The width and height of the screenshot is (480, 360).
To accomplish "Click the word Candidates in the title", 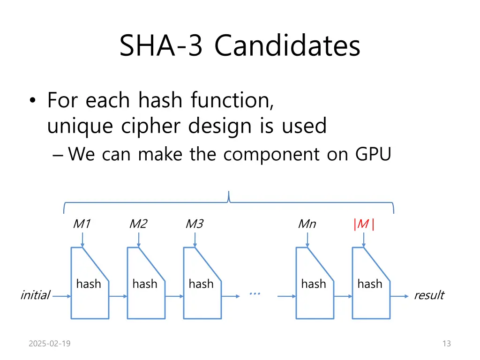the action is [x=287, y=45].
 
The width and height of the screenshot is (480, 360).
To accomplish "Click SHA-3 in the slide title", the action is [x=161, y=45].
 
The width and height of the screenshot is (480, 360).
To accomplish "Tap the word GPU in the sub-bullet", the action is [x=373, y=154].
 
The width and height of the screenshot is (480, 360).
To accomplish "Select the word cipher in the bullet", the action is [x=150, y=126].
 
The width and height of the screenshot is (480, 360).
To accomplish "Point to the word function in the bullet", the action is [x=232, y=100].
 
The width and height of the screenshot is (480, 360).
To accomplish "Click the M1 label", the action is [x=82, y=224].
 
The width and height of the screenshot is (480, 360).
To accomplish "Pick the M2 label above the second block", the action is [x=138, y=224].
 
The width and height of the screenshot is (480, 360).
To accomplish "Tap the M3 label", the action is [x=195, y=224].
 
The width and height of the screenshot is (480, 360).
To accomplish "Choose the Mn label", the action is [x=307, y=224].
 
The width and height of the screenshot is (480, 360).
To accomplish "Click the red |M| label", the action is [x=364, y=224].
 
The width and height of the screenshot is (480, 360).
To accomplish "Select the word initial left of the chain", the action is [x=35, y=295].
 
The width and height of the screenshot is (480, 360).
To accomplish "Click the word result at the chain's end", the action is [x=429, y=295].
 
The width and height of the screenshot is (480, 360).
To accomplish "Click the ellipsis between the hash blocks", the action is [x=255, y=293].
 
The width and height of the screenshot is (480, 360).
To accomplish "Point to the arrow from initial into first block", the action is [x=61, y=296].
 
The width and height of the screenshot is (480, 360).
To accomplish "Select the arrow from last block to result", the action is [x=399, y=296].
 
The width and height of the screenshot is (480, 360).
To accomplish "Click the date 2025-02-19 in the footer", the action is [x=50, y=344].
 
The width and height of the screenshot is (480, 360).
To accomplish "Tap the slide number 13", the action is [x=447, y=344].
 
